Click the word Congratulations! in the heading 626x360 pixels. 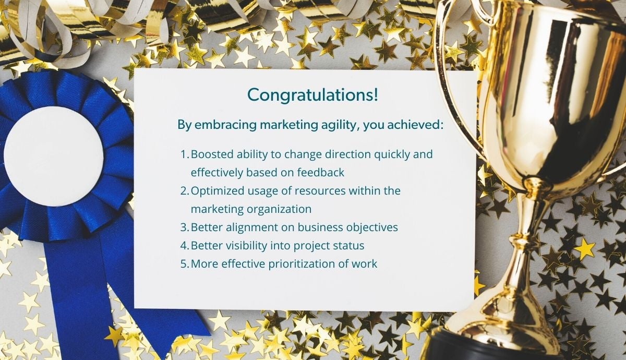coord(312,95)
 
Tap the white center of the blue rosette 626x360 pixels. coord(54,155)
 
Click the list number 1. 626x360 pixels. coord(185,154)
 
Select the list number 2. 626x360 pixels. coord(185,191)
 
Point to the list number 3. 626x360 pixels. coord(185,227)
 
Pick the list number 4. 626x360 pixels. coord(185,246)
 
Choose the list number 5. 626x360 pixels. coord(185,264)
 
